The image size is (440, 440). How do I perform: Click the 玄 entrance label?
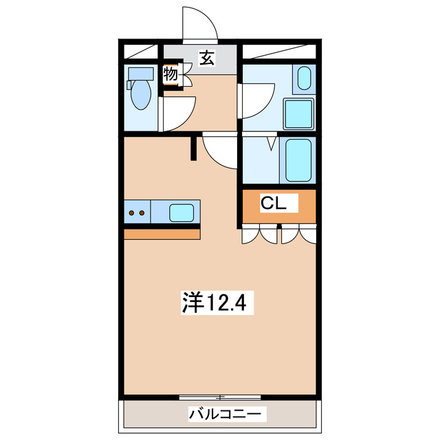[x=206, y=58]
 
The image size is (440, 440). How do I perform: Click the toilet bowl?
[x=141, y=96]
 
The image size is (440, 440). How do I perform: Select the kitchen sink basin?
[x=181, y=212]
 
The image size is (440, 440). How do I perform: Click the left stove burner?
[x=131, y=213]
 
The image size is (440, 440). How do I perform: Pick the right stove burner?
[x=142, y=213]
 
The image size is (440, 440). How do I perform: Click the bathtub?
[x=298, y=159]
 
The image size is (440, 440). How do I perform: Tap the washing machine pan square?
[x=298, y=111]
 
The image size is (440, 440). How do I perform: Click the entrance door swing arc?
[x=199, y=24]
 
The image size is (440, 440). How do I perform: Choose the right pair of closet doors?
[x=298, y=234]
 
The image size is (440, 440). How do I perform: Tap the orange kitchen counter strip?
[x=162, y=233]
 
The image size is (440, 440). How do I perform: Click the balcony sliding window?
[x=220, y=397]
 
